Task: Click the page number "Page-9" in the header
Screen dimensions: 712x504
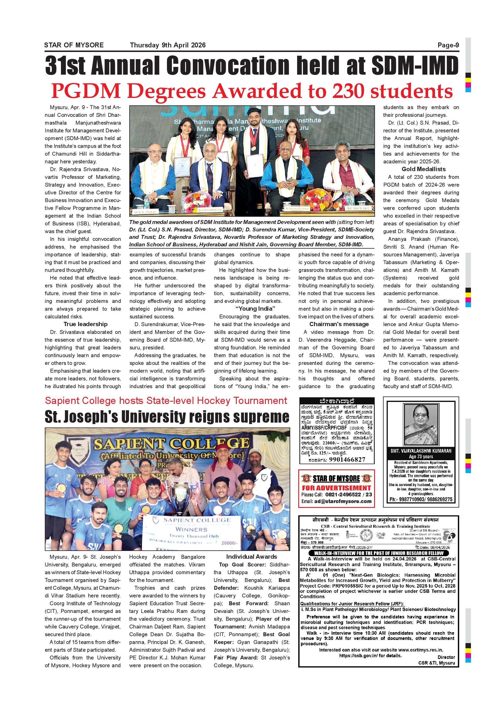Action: [448, 45]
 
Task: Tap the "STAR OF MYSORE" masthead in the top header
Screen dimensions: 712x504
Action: [74, 45]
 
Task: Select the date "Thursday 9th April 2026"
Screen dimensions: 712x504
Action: [168, 45]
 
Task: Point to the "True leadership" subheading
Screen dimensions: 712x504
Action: [85, 324]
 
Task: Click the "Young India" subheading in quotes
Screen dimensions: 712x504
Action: [255, 309]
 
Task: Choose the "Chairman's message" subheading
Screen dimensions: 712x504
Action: [339, 324]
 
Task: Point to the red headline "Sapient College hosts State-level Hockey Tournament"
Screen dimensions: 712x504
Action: [166, 401]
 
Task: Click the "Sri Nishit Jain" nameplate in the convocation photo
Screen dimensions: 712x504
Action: [358, 208]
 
